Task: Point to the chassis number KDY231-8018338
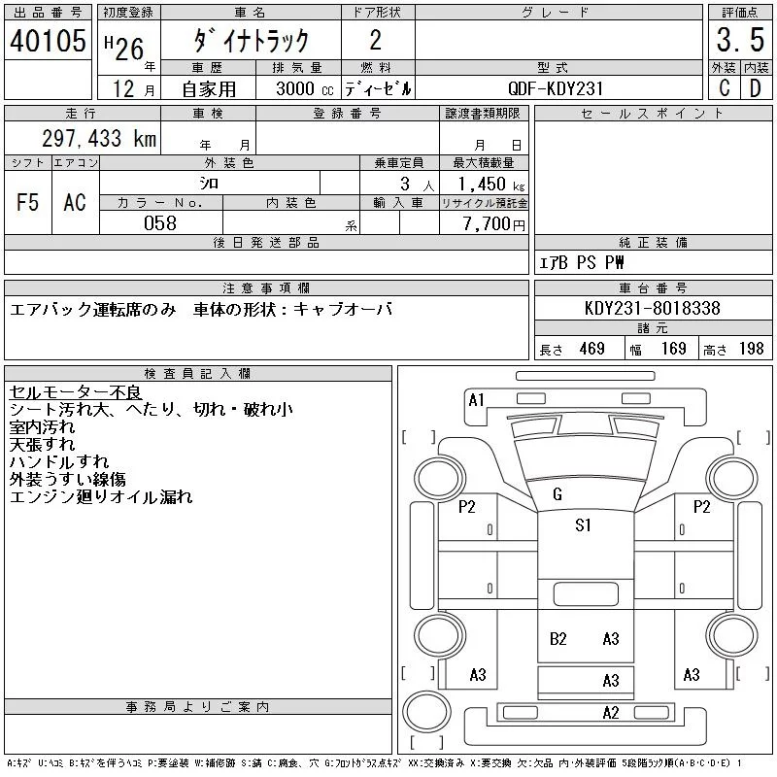tap(653, 308)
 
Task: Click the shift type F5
tap(27, 203)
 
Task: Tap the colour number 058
tap(160, 223)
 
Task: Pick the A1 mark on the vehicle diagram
tap(476, 400)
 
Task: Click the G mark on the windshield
tap(557, 494)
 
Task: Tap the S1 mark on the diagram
tap(583, 525)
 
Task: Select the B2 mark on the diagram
tap(557, 638)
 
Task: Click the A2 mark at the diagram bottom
tap(610, 713)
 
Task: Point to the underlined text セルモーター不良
tap(75, 392)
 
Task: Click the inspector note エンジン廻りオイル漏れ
tap(101, 497)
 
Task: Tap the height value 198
tap(751, 349)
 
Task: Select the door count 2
tap(376, 41)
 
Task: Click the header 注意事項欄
tap(266, 287)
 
